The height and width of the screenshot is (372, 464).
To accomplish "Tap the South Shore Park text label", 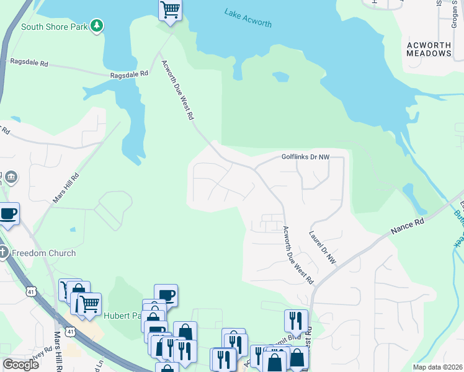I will pos(53,27).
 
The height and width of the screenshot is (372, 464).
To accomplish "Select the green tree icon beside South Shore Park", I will pos(96,25).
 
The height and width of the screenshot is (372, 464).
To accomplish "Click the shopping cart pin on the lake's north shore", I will pos(170,10).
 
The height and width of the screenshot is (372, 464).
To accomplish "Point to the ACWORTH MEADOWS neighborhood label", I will pos(429,49).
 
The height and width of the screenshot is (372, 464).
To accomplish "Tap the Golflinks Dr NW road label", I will pos(305,157).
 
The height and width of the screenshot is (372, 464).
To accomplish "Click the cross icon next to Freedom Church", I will pos(4,252).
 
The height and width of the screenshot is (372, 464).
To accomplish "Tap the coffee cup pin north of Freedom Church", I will pos(8,213).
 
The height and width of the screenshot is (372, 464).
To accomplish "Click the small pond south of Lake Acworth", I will pos(280,77).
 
